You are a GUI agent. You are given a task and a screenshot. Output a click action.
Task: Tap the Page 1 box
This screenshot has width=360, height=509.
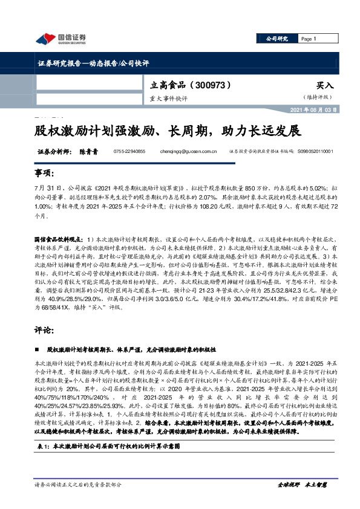(309, 39)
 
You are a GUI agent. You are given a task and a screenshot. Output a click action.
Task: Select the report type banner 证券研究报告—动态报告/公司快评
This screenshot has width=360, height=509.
(93, 63)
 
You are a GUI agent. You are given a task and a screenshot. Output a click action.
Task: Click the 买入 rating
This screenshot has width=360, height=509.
(324, 86)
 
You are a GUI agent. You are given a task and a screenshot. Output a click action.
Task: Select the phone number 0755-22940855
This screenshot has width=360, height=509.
(129, 151)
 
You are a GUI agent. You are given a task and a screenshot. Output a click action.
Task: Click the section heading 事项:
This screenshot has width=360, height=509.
(44, 173)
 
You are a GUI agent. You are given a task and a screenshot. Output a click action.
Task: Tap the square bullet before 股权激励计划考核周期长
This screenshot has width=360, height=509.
(38, 349)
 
